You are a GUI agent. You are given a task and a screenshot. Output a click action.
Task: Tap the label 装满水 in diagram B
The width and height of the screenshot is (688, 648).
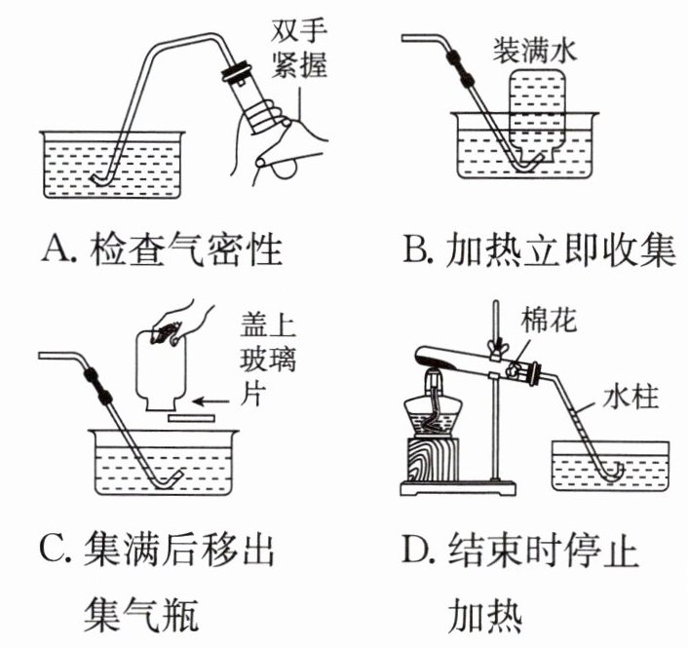[535, 50]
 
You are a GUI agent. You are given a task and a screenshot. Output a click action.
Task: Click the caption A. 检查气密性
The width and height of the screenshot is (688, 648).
[162, 250]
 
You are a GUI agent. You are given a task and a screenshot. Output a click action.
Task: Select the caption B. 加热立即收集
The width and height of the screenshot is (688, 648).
[539, 250]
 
